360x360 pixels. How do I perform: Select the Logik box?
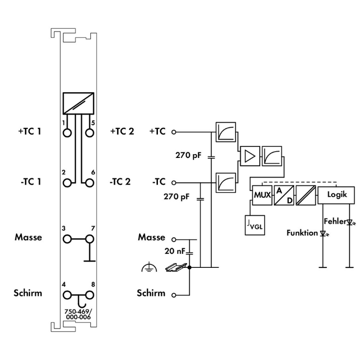(336, 195)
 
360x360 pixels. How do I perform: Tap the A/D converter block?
(283, 196)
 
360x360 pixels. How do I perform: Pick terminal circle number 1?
(67, 132)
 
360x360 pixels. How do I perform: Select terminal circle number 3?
(67, 238)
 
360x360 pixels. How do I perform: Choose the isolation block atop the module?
(78, 101)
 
